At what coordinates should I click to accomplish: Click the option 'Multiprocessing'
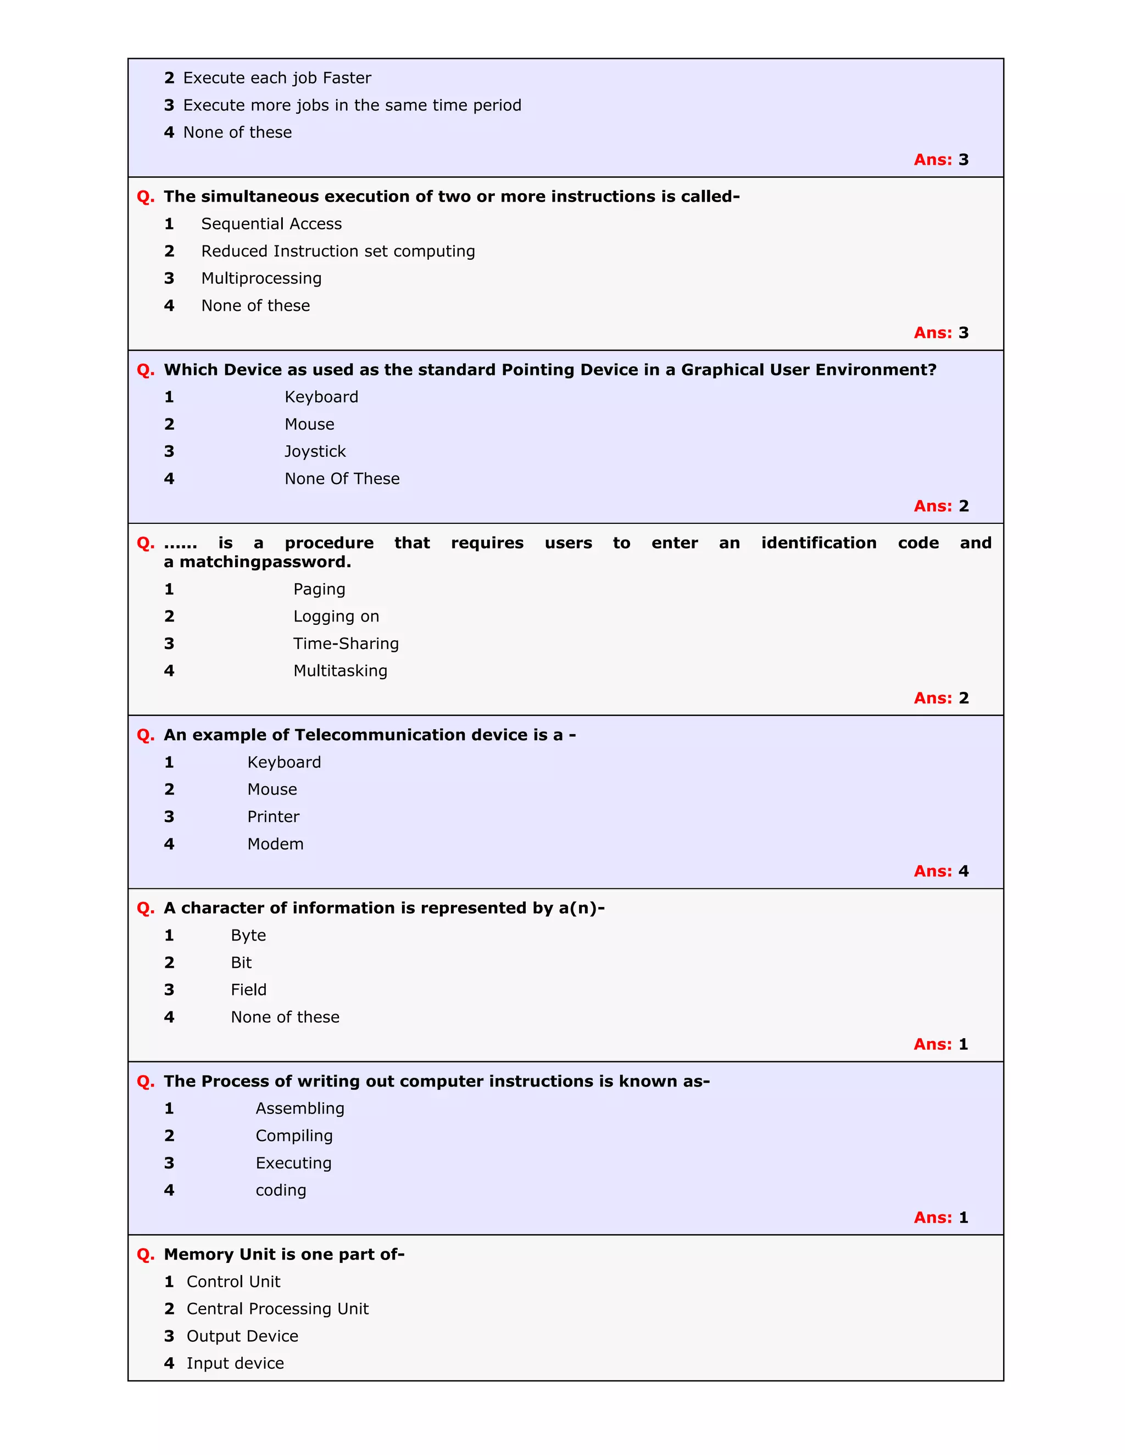(x=261, y=278)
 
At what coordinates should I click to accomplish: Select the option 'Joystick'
(x=315, y=452)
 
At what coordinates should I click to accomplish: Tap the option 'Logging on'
(x=336, y=616)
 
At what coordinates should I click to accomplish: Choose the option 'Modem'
(x=275, y=844)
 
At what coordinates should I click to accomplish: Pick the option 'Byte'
(x=248, y=936)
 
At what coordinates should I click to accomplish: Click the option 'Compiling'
(x=294, y=1136)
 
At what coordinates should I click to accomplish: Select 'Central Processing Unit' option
(x=277, y=1309)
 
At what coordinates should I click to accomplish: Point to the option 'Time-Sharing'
(x=346, y=643)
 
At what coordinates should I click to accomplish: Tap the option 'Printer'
(x=273, y=817)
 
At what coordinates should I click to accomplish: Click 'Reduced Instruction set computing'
(x=338, y=251)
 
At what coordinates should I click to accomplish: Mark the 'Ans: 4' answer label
(x=940, y=871)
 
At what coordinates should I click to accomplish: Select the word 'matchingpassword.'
(x=265, y=562)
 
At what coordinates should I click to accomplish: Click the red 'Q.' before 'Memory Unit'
(x=145, y=1255)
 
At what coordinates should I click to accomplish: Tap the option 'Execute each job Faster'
(x=277, y=78)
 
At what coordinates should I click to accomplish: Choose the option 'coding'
(x=281, y=1190)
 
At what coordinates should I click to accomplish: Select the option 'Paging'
(x=319, y=590)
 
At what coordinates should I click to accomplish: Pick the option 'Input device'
(x=235, y=1364)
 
